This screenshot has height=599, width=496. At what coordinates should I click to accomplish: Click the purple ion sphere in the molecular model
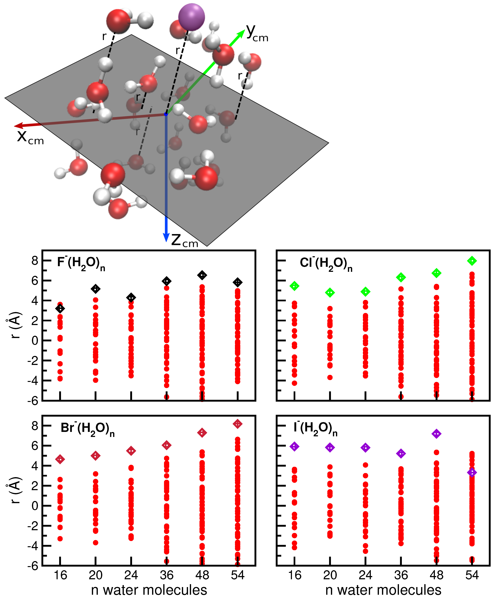click(x=191, y=17)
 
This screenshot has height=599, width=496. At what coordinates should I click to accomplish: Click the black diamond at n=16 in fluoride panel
click(x=60, y=309)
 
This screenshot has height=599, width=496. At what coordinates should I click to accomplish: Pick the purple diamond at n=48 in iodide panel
click(x=436, y=434)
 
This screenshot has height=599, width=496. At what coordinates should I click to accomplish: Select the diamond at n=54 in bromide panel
click(x=237, y=424)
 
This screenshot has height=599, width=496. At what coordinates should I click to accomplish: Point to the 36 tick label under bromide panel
click(x=167, y=575)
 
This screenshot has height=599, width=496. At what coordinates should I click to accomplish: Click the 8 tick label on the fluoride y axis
click(x=35, y=261)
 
